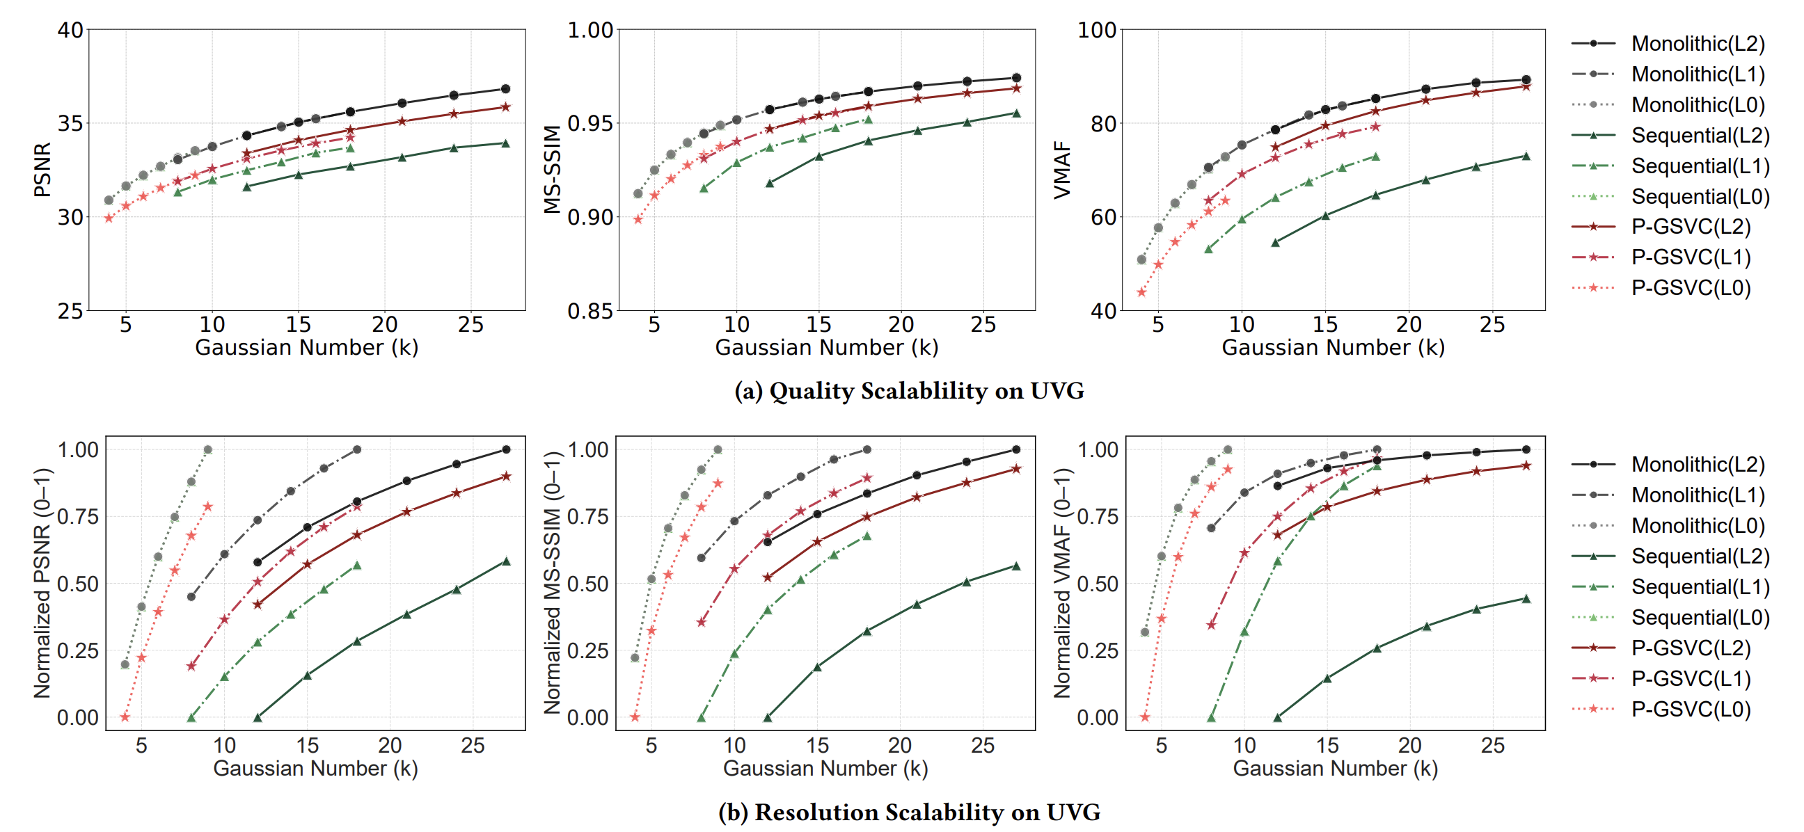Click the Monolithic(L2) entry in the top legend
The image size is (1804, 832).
pos(1698,43)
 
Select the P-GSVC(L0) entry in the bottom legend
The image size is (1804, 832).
pos(1691,709)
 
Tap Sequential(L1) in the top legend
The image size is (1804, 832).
pos(1700,166)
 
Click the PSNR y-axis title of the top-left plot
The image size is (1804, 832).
pos(42,169)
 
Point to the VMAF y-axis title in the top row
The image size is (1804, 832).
pos(1062,169)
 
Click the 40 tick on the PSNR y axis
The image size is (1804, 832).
pos(70,30)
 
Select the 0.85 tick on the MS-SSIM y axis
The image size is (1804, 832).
pos(590,311)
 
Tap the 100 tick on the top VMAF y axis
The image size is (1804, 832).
pos(1097,30)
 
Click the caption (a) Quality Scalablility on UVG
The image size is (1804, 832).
pos(909,390)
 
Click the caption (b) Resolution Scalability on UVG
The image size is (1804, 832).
pos(909,812)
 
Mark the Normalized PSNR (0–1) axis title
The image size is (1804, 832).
pos(42,583)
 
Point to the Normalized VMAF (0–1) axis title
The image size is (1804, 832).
pos(1062,583)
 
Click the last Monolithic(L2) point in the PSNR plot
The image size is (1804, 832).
pos(505,89)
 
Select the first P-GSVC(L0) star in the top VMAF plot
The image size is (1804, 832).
pos(1141,291)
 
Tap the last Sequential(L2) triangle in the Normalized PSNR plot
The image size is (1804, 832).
pos(506,561)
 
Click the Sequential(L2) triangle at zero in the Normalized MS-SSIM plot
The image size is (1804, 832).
pos(768,717)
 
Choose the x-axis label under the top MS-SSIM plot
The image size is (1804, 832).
pos(826,347)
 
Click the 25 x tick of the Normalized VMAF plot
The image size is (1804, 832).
pos(1492,745)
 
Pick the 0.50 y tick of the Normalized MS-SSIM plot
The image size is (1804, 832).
pos(587,584)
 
